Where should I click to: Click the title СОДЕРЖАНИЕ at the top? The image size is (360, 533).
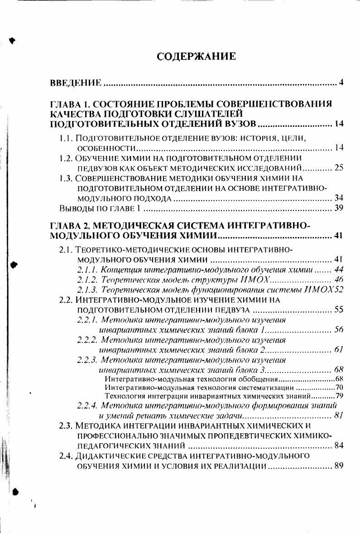pyautogui.click(x=196, y=56)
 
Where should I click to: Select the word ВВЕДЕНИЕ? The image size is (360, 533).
pyautogui.click(x=75, y=82)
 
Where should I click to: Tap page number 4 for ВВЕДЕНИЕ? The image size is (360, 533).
pyautogui.click(x=341, y=82)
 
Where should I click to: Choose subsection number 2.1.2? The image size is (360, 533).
pyautogui.click(x=86, y=280)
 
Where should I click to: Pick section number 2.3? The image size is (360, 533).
pyautogui.click(x=66, y=426)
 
